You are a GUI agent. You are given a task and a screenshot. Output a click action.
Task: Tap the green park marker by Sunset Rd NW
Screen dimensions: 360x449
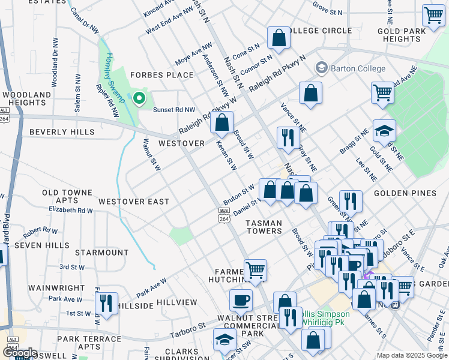139,98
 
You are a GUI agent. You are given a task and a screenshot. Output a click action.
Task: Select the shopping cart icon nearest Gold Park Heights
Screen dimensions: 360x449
433,16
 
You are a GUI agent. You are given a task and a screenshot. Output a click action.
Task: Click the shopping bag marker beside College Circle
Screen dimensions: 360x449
279,38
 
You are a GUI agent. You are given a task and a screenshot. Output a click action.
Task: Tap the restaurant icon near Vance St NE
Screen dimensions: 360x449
288,137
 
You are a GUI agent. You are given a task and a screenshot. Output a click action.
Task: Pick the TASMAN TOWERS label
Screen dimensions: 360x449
264,227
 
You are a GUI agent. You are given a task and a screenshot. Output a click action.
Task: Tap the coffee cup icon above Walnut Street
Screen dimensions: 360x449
241,299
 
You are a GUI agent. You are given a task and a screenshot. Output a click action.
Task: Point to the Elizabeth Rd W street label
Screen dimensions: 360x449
71,210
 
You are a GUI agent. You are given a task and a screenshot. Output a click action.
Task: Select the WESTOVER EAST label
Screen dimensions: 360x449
134,202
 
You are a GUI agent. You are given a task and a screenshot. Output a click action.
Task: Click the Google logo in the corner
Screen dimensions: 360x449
19,353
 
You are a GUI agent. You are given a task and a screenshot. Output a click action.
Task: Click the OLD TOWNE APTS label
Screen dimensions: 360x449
67,196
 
